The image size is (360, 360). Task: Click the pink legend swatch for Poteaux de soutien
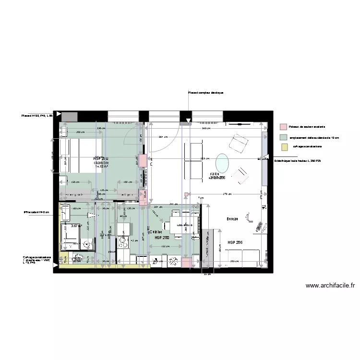tap(283, 127)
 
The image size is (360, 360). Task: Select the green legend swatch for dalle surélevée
tap(283, 137)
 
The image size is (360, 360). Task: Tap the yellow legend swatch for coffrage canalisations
tap(283, 147)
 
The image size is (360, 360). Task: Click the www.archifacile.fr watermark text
tap(330, 286)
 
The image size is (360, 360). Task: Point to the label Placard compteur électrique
tap(205, 93)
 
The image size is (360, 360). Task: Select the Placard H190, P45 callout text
tap(36, 116)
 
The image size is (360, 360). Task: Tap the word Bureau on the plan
tap(233, 219)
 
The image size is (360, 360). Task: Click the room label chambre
tap(102, 163)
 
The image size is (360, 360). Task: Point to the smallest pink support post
tap(186, 194)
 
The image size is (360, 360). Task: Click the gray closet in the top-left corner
tap(70, 117)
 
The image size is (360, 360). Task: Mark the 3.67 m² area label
tap(75, 226)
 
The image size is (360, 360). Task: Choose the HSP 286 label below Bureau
tap(235, 242)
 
